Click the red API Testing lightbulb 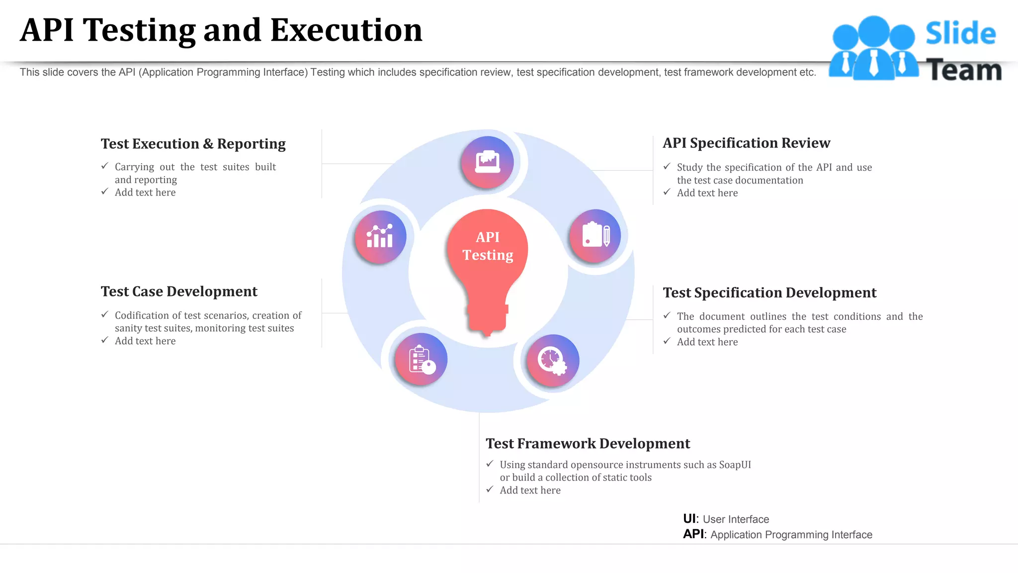click(487, 264)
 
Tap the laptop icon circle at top click(487, 162)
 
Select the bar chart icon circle click(380, 237)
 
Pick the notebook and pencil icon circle click(595, 236)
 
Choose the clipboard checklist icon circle click(421, 359)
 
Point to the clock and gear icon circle click(553, 360)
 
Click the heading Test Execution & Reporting click(193, 144)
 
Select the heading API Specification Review click(746, 143)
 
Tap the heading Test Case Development click(179, 291)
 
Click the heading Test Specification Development click(769, 293)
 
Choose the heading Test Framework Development click(588, 444)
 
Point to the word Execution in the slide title click(346, 31)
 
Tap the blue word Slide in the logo click(960, 34)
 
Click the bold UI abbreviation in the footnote click(690, 519)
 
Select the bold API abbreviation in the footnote click(693, 534)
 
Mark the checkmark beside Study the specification click(667, 167)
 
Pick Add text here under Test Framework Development click(530, 490)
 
